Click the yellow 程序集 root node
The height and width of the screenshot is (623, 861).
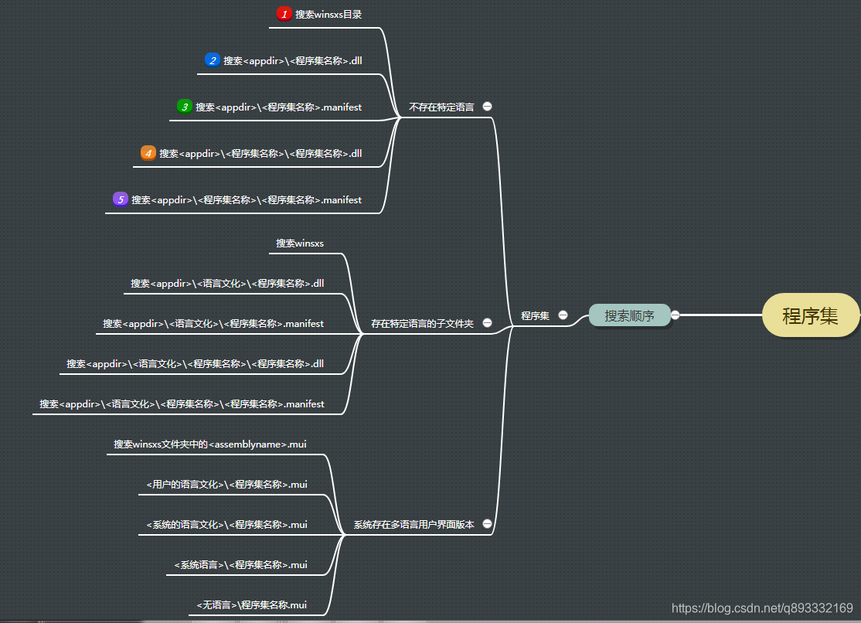(810, 315)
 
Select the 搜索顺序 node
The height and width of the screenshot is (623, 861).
(629, 315)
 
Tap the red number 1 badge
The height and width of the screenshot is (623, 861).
(284, 14)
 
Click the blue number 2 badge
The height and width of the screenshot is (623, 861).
(213, 60)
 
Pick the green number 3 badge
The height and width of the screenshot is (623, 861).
(184, 107)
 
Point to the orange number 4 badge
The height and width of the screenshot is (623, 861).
(148, 153)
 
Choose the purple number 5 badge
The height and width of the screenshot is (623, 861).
(121, 199)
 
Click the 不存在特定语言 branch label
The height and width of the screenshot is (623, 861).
(441, 107)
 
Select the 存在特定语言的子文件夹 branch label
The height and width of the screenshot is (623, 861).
(422, 323)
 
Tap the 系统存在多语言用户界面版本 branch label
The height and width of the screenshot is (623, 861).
(413, 524)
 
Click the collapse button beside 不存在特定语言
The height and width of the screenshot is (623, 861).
(487, 107)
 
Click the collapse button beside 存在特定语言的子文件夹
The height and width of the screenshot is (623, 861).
(487, 323)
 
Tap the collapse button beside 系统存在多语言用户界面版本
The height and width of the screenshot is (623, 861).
(487, 524)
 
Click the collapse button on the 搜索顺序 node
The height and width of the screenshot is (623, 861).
(675, 315)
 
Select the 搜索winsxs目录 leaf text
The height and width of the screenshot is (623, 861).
(328, 14)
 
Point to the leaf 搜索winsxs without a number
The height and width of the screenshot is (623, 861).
(300, 243)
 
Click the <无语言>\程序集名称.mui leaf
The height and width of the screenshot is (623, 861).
(251, 604)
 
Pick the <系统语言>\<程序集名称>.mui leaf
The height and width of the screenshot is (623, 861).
(240, 564)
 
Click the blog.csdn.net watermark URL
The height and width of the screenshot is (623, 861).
(762, 608)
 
